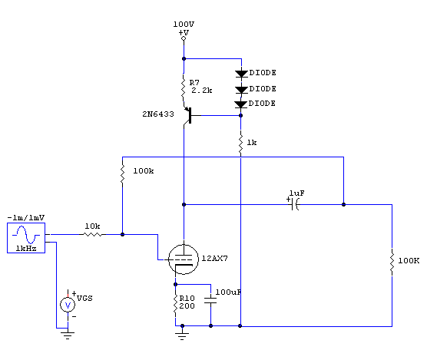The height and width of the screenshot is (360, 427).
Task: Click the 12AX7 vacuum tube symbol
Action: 183,259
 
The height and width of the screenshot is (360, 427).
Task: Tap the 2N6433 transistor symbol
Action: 188,116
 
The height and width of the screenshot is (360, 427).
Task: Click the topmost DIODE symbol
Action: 241,74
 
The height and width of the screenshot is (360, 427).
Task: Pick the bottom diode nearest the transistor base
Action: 240,104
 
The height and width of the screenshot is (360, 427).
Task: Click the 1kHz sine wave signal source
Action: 26,238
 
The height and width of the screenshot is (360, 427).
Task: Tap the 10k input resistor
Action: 93,234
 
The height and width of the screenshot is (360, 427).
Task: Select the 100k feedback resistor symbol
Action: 123,173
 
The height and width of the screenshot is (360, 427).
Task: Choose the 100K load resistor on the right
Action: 392,261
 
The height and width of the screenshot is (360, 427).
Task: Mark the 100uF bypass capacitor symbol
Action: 210,300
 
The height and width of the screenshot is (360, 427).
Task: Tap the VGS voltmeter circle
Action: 68,305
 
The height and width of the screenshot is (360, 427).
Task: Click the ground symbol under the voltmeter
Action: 68,335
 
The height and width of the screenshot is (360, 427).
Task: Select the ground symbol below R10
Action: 182,335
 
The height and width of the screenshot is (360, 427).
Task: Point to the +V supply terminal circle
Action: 184,38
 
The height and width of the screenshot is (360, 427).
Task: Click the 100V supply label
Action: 184,25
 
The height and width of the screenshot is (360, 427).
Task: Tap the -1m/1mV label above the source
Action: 26,218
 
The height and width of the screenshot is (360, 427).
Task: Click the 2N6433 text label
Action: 158,114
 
